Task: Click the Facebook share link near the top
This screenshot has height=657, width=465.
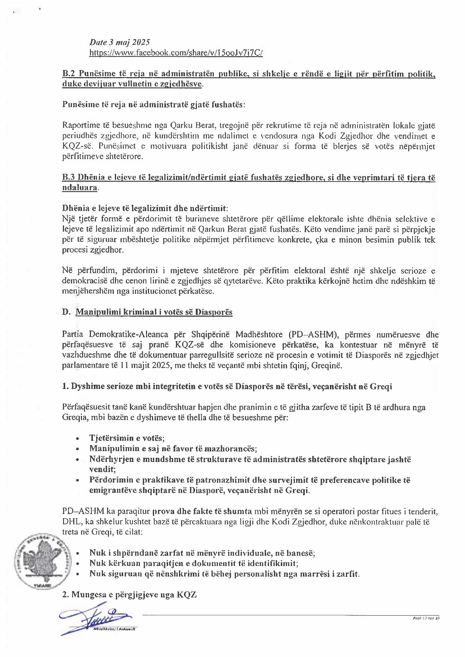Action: pyautogui.click(x=176, y=53)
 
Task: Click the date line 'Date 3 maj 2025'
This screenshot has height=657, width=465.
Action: pyautogui.click(x=119, y=43)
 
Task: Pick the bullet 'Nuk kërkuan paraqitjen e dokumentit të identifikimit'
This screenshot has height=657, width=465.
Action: pyautogui.click(x=194, y=563)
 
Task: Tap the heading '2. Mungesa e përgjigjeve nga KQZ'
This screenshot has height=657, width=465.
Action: pyautogui.click(x=129, y=594)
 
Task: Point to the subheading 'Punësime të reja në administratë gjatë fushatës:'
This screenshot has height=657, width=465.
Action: pyautogui.click(x=154, y=104)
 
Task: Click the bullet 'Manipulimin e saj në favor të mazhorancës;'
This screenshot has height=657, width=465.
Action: pyautogui.click(x=173, y=448)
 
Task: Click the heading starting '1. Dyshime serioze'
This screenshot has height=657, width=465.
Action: pyautogui.click(x=227, y=386)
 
